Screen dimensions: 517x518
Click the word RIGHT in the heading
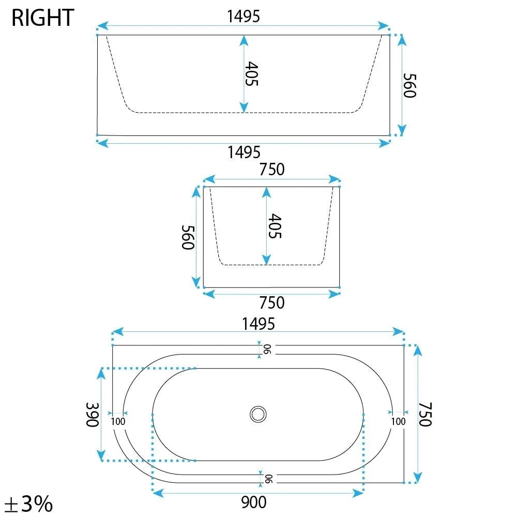point(42,18)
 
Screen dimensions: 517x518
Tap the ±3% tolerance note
point(29,504)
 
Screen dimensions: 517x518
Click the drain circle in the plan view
point(258,414)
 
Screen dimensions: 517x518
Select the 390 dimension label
point(93,415)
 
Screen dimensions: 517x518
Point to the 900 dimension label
point(254,502)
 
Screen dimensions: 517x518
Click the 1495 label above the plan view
point(258,324)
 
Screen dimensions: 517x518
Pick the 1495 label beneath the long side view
point(244,153)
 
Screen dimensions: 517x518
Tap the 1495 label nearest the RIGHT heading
point(244,17)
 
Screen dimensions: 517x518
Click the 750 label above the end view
point(271,170)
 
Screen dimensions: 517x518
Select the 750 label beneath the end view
point(271,302)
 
